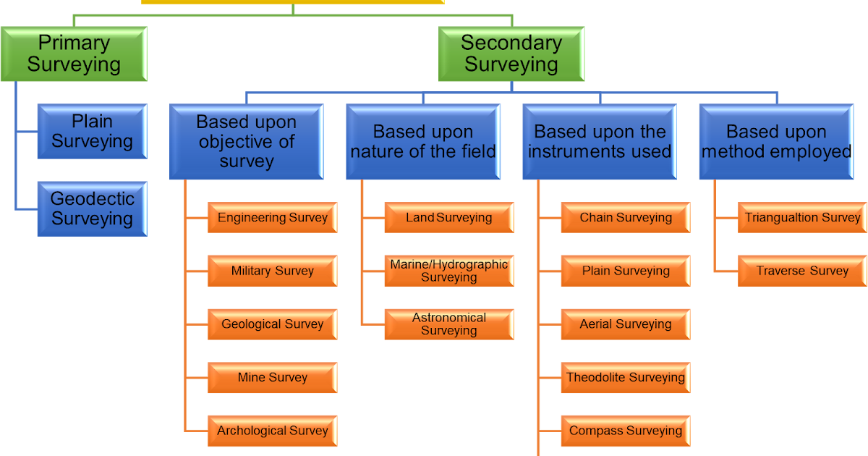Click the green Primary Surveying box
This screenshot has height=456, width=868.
(x=74, y=54)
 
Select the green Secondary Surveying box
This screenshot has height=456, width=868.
(x=511, y=54)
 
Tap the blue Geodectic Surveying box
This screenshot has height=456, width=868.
(x=92, y=208)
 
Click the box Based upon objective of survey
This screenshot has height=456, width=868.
(x=247, y=142)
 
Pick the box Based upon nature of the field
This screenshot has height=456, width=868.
(x=423, y=142)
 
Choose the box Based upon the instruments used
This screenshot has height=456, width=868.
(x=600, y=142)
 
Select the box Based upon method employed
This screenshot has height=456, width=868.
(x=776, y=142)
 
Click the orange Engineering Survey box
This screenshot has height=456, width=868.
(x=273, y=217)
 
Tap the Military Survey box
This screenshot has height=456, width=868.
(x=273, y=271)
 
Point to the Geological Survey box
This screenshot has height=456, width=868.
(x=273, y=324)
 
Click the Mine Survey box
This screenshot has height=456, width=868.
(x=273, y=377)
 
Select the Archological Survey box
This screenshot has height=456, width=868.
(x=273, y=431)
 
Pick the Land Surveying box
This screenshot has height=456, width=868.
(x=449, y=217)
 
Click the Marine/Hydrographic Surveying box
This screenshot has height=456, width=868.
(x=449, y=271)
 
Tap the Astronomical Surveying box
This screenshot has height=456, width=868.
(x=449, y=324)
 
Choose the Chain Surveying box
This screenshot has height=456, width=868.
(x=626, y=217)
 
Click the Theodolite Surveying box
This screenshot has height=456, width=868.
(x=626, y=377)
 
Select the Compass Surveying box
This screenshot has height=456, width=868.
(x=626, y=431)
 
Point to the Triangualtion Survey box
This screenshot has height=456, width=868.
(x=802, y=217)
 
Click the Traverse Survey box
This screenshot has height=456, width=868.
(x=802, y=271)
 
